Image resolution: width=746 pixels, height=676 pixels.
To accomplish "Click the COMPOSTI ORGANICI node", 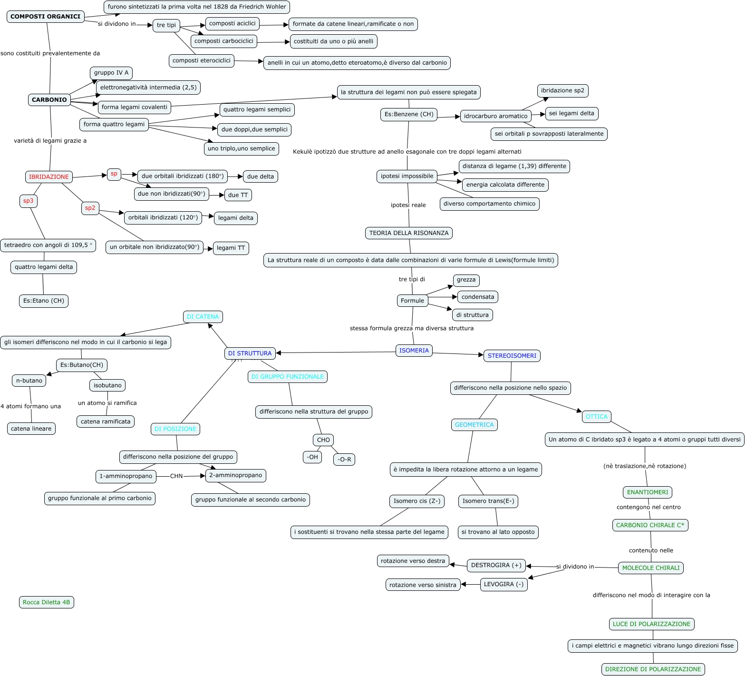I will pyautogui.click(x=46, y=17).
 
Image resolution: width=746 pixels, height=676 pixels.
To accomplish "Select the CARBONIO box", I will pyautogui.click(x=49, y=100).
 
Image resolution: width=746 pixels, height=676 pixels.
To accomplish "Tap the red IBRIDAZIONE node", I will pyautogui.click(x=49, y=177).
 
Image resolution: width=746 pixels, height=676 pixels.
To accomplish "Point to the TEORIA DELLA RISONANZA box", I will pyautogui.click(x=409, y=233).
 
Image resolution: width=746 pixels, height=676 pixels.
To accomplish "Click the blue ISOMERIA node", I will pyautogui.click(x=414, y=351).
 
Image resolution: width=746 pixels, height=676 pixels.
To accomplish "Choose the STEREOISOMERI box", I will pyautogui.click(x=512, y=356).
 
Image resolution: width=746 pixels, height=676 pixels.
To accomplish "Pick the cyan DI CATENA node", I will pyautogui.click(x=203, y=317).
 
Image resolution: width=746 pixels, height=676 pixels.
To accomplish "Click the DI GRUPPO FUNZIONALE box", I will pyautogui.click(x=288, y=377).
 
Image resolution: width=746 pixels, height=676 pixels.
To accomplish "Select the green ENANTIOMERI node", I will pyautogui.click(x=648, y=492).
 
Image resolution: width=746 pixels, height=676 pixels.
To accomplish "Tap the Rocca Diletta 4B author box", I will pyautogui.click(x=47, y=602).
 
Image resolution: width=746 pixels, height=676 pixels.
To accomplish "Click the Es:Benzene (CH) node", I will pyautogui.click(x=409, y=115).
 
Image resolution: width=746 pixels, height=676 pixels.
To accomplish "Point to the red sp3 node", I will pyautogui.click(x=29, y=201).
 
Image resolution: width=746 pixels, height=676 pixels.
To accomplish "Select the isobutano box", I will pyautogui.click(x=107, y=385).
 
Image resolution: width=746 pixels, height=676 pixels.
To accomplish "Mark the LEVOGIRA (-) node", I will pyautogui.click(x=504, y=585).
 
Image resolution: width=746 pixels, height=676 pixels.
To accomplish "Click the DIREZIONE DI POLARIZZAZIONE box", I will pyautogui.click(x=653, y=669).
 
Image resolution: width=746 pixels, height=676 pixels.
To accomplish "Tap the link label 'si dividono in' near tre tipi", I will pyautogui.click(x=117, y=24).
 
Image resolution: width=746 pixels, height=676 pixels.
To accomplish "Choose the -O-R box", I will pyautogui.click(x=344, y=460).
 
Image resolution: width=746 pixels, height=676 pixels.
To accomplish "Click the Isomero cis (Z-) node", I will pyautogui.click(x=417, y=501).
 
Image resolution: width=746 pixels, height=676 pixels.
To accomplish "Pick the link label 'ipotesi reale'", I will pyautogui.click(x=408, y=205).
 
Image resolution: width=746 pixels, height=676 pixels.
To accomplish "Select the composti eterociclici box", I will pyautogui.click(x=202, y=61).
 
